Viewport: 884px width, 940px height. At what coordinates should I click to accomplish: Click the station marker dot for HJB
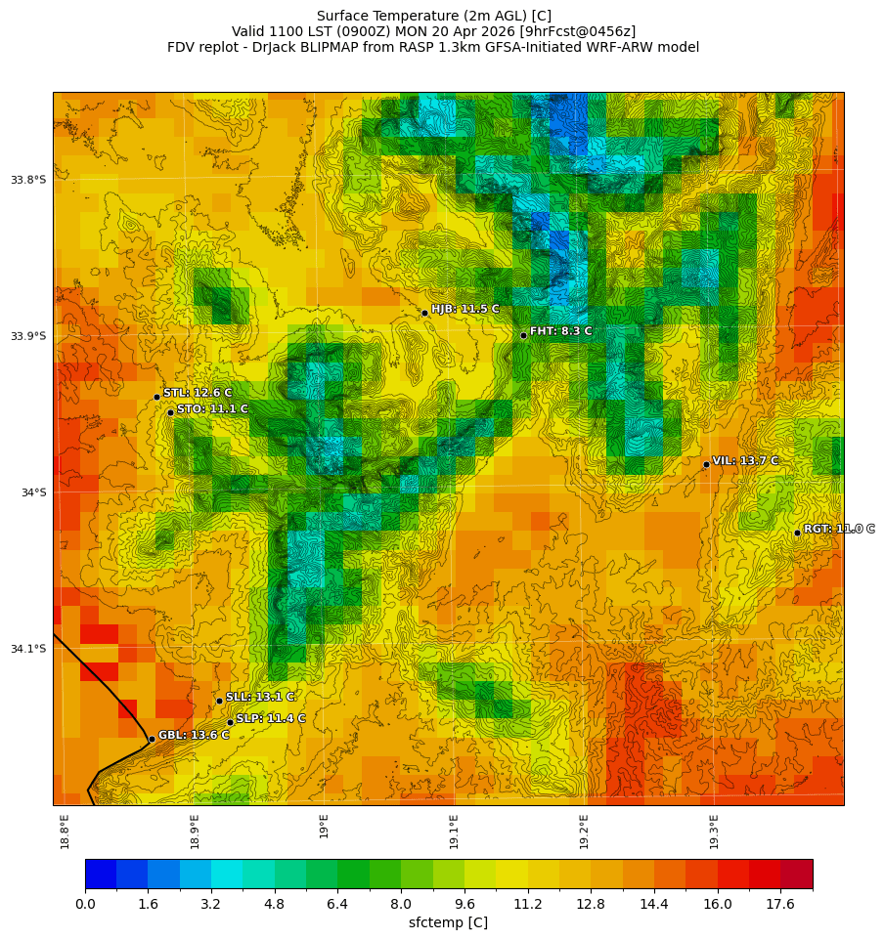424,313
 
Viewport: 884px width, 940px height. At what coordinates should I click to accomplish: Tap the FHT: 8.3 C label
560,331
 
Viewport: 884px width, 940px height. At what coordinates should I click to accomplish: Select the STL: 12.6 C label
198,393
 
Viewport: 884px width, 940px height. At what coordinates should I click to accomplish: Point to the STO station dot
170,412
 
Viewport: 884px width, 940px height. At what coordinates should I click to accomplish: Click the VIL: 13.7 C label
745,461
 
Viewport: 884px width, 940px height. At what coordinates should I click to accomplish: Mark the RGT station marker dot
797,533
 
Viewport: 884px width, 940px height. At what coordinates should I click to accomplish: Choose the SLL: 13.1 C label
260,697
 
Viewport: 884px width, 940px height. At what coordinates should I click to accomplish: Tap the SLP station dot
230,722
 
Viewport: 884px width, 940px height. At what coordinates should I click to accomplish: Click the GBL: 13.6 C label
194,735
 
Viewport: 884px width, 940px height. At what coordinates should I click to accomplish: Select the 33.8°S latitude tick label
28,180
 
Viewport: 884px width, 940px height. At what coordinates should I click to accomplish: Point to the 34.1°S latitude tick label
28,649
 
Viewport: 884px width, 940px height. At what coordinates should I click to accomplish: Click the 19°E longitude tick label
324,827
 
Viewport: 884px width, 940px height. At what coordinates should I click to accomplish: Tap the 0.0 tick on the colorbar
85,905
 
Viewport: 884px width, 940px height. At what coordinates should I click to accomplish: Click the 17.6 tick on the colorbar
780,905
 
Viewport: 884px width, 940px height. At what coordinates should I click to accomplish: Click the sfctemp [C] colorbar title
448,922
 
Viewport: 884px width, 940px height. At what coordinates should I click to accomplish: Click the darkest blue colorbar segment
101,874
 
